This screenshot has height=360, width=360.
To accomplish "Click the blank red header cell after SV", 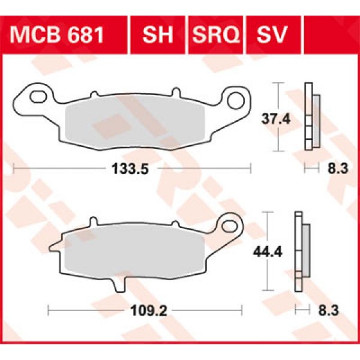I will click(x=331, y=34).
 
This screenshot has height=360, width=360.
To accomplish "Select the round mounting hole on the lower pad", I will click(x=228, y=226).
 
